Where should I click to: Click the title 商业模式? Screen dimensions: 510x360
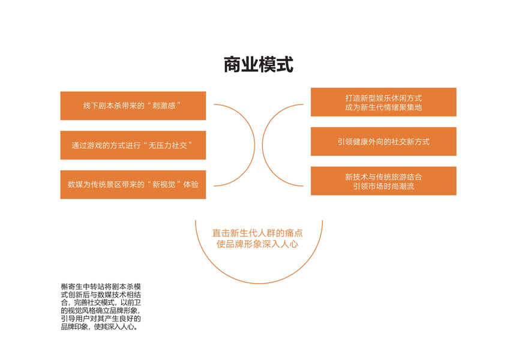click(259, 65)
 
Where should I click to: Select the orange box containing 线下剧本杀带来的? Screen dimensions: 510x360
click(133, 106)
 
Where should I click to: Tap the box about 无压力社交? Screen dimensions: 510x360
click(133, 145)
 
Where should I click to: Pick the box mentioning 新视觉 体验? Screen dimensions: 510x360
click(133, 185)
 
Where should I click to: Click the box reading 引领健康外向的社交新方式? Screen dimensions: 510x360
click(383, 142)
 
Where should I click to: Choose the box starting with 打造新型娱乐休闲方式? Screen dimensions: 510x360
click(383, 102)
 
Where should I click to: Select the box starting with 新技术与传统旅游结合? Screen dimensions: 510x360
click(383, 181)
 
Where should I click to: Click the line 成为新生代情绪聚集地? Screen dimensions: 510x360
click(383, 107)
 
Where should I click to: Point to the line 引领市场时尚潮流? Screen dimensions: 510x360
click(383, 187)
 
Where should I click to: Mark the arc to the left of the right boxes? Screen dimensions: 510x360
click(263, 146)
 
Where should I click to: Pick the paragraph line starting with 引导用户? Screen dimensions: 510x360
click(101, 319)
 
